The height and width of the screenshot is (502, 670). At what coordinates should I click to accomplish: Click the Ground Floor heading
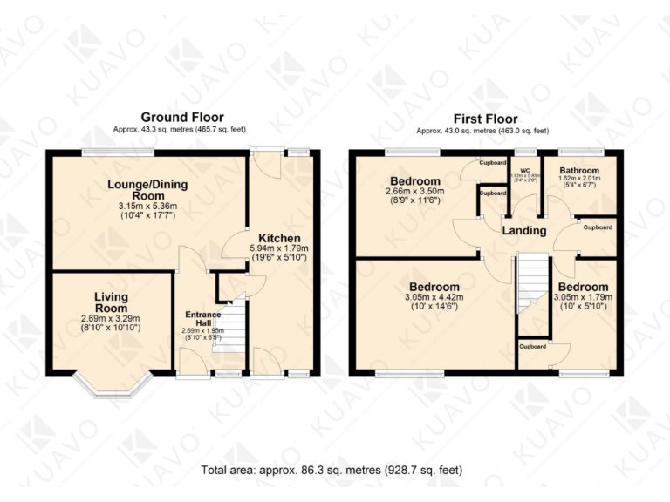click(x=181, y=117)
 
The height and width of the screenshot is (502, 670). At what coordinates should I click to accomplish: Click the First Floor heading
click(x=485, y=119)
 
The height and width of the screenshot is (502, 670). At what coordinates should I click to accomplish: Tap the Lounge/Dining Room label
click(x=147, y=191)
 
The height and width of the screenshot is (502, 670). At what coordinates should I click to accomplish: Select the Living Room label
click(x=112, y=303)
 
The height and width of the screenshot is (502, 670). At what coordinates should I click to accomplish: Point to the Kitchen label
click(x=279, y=238)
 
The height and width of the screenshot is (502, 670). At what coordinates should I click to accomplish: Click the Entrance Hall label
click(x=203, y=319)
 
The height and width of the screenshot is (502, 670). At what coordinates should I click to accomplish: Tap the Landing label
click(x=524, y=231)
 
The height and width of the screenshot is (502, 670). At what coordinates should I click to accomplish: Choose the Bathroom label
click(x=579, y=171)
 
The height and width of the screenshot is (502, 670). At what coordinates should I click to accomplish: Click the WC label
click(x=524, y=171)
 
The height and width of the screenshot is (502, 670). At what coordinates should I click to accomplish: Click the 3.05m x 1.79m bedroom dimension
click(x=583, y=298)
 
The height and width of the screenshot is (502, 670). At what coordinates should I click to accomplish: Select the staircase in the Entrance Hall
click(x=229, y=327)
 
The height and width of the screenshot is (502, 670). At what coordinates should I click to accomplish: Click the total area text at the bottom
click(x=332, y=470)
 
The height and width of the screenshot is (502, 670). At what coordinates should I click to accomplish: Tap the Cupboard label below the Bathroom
click(x=598, y=227)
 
